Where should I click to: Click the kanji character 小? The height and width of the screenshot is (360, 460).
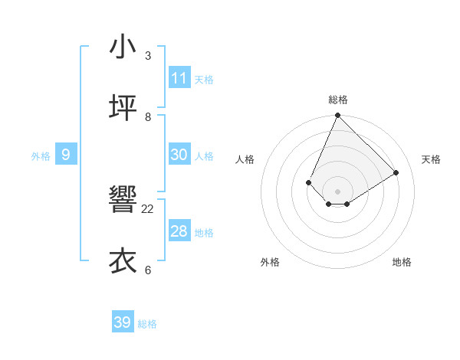pos(123,47)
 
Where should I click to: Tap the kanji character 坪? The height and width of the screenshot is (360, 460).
pos(123,108)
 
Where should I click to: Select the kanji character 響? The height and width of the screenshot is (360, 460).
pos(123,201)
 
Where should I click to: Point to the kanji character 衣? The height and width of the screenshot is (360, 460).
pos(123,261)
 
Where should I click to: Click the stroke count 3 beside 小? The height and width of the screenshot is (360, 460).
pos(148,55)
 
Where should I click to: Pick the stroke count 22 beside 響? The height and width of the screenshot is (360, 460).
pos(148,208)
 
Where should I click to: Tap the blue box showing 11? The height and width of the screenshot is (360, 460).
pos(179,78)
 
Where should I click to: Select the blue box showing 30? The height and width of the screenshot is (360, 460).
pos(179,155)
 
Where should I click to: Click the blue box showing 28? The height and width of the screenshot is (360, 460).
pos(179,231)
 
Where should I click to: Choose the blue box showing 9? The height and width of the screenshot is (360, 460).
pos(66,155)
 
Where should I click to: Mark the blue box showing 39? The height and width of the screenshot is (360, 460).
pos(123,322)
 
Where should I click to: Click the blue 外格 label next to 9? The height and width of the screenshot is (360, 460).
pos(41,156)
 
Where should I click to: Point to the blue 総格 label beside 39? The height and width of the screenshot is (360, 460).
pos(147,324)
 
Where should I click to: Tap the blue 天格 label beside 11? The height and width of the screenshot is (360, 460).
pos(204,80)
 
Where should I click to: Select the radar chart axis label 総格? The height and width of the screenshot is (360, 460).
pos(338,100)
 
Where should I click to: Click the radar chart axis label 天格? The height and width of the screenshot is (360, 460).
pos(431,159)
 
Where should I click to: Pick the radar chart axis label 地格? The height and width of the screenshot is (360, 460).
pos(402,262)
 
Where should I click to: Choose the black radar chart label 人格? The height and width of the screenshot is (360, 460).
pos(245,159)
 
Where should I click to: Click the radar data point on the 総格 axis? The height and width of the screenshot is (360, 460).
pos(337,116)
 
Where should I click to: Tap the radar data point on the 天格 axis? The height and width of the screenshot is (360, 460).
pos(396,172)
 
